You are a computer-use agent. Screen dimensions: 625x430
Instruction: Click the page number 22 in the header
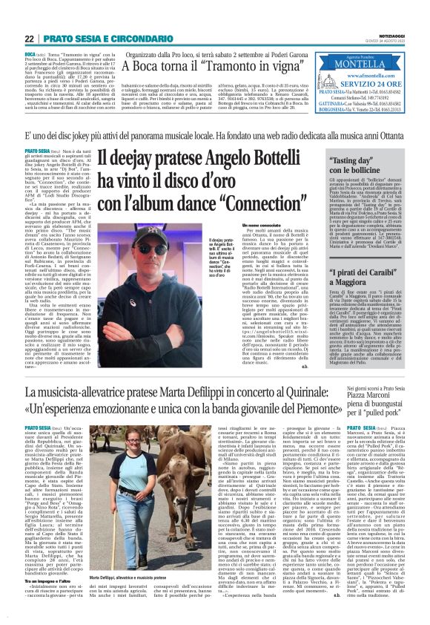[30, 37]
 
